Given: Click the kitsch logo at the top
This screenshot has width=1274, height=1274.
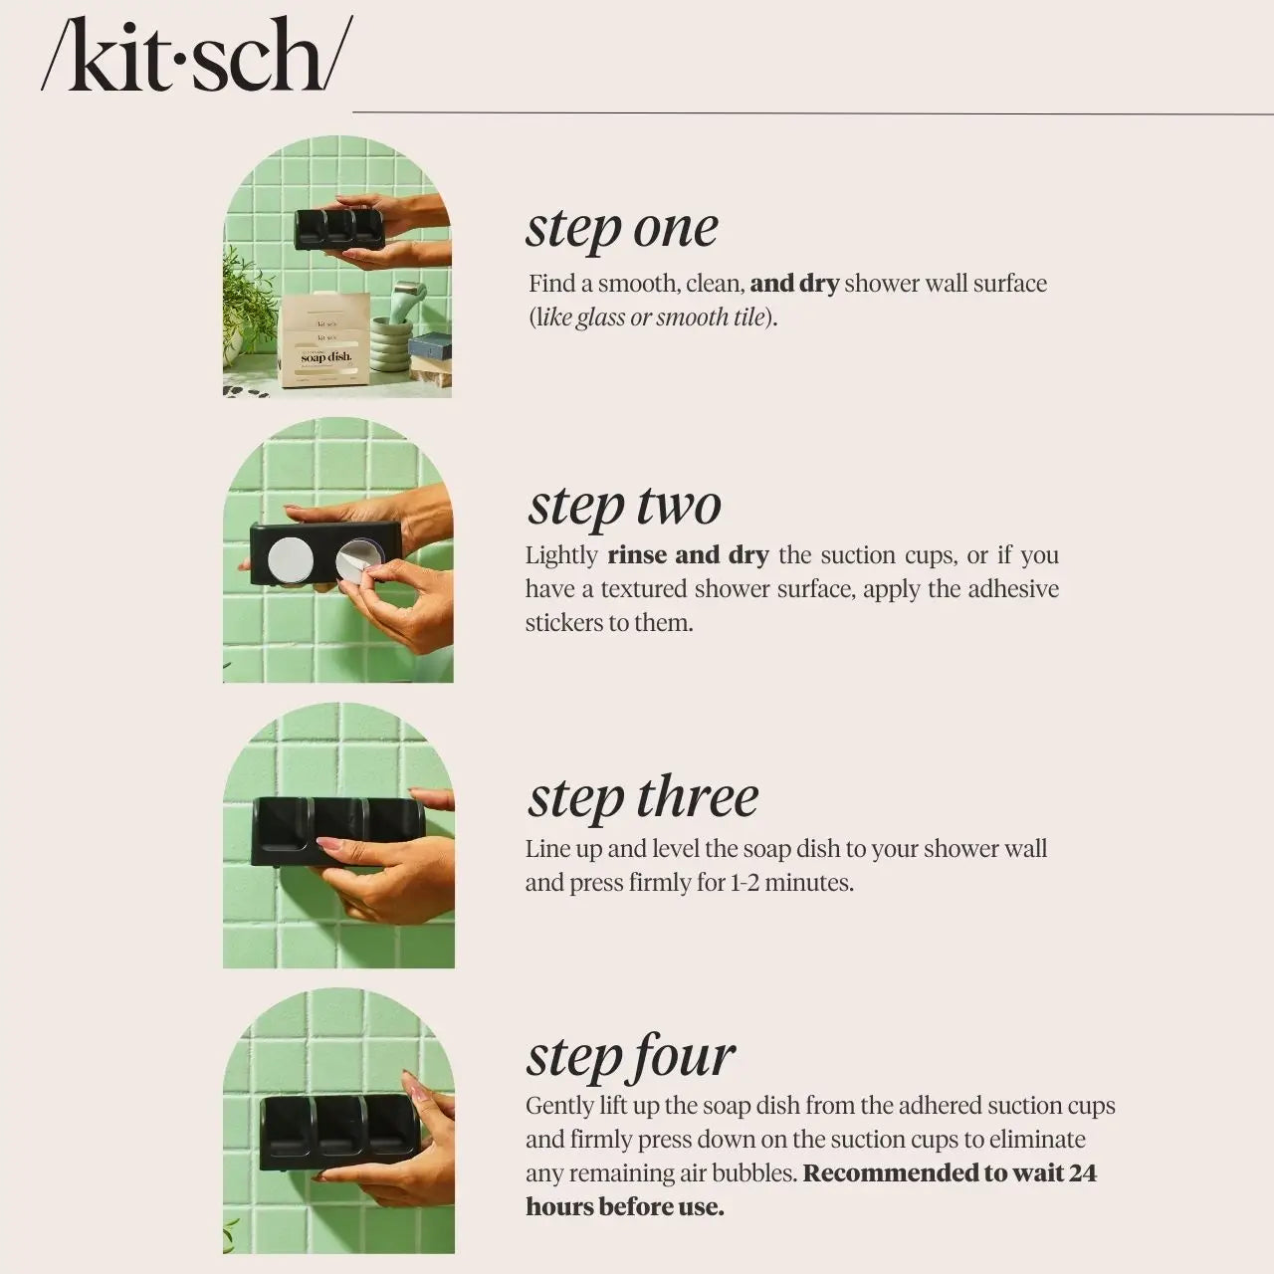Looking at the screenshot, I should [x=196, y=57].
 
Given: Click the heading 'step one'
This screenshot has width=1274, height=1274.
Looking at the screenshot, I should [x=621, y=228].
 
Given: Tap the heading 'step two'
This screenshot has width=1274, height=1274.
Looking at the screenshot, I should [x=624, y=505].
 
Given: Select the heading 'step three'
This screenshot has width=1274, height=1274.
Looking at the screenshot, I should [x=642, y=797].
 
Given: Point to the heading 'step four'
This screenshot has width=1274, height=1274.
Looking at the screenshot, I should [x=630, y=1056].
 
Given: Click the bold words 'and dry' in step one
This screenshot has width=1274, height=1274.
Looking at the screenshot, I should [x=794, y=284].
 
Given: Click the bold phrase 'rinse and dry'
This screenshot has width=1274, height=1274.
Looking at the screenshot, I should [x=688, y=555].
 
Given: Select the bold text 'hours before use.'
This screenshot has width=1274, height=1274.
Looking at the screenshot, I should [x=624, y=1207].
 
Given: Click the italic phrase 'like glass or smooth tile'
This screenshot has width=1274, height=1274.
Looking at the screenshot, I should [x=651, y=318].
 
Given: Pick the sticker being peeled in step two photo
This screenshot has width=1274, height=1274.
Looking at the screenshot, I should [x=353, y=561].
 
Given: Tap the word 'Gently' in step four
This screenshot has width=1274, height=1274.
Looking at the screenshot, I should [x=559, y=1106].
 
